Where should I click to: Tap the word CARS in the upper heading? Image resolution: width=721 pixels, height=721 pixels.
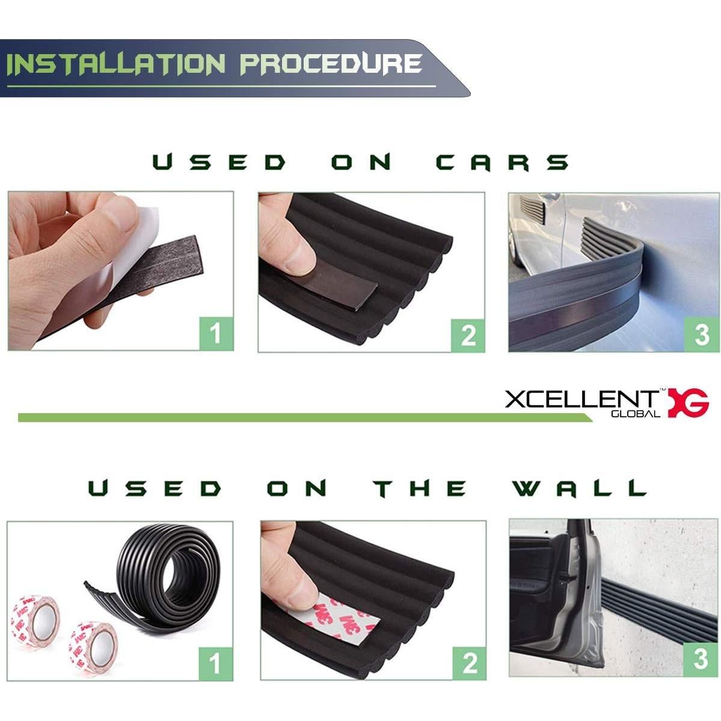point(502,162)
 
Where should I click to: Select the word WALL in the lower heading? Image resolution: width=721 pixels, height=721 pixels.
point(578,488)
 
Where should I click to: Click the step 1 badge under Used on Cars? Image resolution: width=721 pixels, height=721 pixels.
point(215,333)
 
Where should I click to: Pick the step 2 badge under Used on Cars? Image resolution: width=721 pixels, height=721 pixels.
point(468,334)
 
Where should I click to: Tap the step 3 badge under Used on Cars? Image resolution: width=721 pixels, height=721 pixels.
point(701,334)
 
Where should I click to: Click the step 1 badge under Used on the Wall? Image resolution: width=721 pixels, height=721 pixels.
point(215,663)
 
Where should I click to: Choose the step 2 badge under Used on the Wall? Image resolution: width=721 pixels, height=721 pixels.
point(469,663)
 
